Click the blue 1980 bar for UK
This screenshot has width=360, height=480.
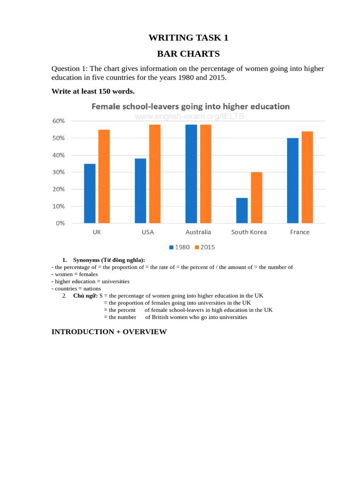(x=90, y=193)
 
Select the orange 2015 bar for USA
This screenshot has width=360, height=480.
(x=155, y=173)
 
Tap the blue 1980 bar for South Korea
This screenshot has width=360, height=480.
(x=242, y=210)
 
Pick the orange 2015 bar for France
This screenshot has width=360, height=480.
(x=307, y=177)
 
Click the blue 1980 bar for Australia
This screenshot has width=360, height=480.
(x=191, y=173)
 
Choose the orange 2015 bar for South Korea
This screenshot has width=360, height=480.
(x=256, y=197)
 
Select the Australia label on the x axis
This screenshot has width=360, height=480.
(x=198, y=232)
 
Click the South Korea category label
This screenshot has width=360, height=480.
(x=249, y=232)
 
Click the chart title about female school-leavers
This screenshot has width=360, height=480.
(x=190, y=106)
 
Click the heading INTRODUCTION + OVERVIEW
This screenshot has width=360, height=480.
(x=109, y=332)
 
